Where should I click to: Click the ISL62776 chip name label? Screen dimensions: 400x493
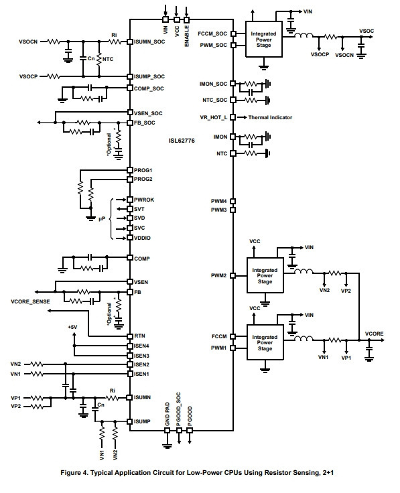[x=182, y=141]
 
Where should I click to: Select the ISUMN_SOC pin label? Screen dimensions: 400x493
[x=149, y=42]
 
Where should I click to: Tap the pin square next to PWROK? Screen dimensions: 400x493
[x=130, y=200]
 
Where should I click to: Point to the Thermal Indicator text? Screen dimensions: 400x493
[x=270, y=117]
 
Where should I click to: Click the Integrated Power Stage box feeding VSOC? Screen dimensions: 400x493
[x=263, y=40]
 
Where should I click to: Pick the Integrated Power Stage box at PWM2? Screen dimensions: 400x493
[x=265, y=276]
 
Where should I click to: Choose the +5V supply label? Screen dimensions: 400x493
[x=72, y=328]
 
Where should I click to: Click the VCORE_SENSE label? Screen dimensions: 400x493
[x=31, y=301]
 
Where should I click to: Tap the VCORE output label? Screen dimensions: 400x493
[x=375, y=334]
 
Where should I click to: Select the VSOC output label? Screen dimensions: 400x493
[x=366, y=31]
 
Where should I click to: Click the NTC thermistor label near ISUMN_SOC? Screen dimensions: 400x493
[x=108, y=59]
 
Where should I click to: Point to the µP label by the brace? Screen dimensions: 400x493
[x=102, y=219]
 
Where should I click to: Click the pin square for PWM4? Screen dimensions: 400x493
[x=233, y=201]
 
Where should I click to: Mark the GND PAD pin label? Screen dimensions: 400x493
[x=168, y=415]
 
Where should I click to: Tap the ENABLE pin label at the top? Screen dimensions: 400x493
[x=187, y=36]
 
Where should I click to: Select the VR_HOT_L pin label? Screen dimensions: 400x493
[x=214, y=117]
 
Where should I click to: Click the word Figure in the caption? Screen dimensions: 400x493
[x=71, y=472]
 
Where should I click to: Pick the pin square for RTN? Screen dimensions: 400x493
[x=130, y=336]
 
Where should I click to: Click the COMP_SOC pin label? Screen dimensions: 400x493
[x=149, y=88]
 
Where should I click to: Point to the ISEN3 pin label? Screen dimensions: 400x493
[x=141, y=356]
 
